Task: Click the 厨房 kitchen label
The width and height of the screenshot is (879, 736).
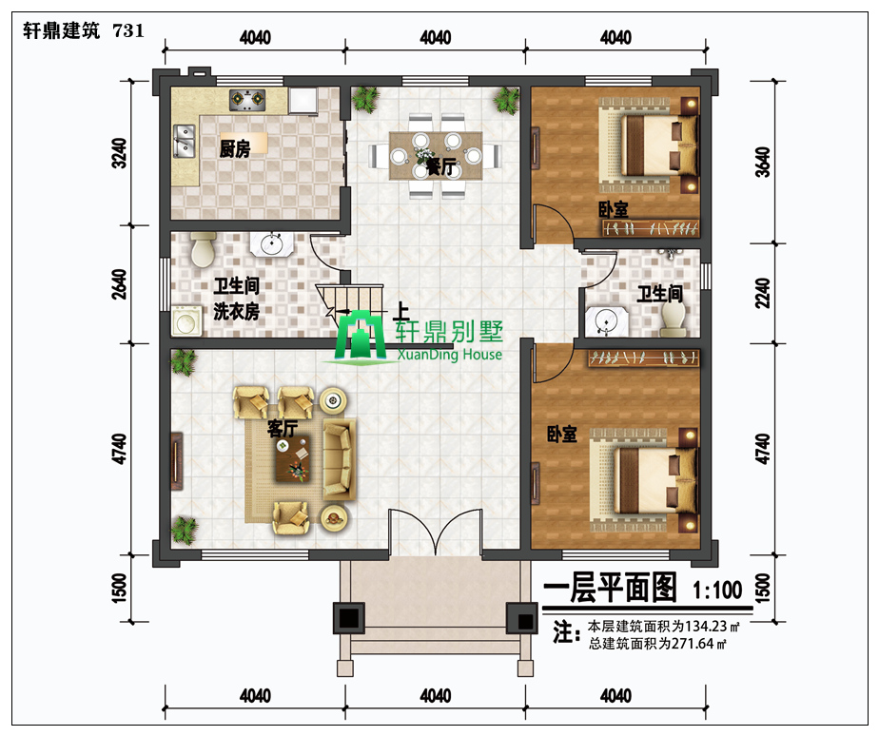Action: [235, 148]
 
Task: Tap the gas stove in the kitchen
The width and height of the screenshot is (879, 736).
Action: [247, 100]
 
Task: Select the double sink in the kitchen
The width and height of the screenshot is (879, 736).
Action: [184, 141]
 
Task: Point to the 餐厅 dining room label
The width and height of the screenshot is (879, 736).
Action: [441, 166]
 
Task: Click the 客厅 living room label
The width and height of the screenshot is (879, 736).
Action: [282, 429]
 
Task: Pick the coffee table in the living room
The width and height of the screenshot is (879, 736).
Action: [292, 459]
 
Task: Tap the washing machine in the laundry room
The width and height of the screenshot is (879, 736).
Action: [186, 320]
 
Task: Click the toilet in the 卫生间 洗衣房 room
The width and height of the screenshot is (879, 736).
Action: [203, 250]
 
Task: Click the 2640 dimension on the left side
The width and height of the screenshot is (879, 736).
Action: [120, 284]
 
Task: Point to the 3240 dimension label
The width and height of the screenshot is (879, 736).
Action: [120, 153]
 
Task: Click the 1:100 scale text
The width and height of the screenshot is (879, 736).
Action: [717, 590]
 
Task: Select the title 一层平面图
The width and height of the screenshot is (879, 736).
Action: [610, 588]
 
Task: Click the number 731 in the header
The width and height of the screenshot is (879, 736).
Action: [128, 30]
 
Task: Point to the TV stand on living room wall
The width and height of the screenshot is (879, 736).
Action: [177, 461]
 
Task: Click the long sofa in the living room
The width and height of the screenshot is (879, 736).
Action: [339, 459]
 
